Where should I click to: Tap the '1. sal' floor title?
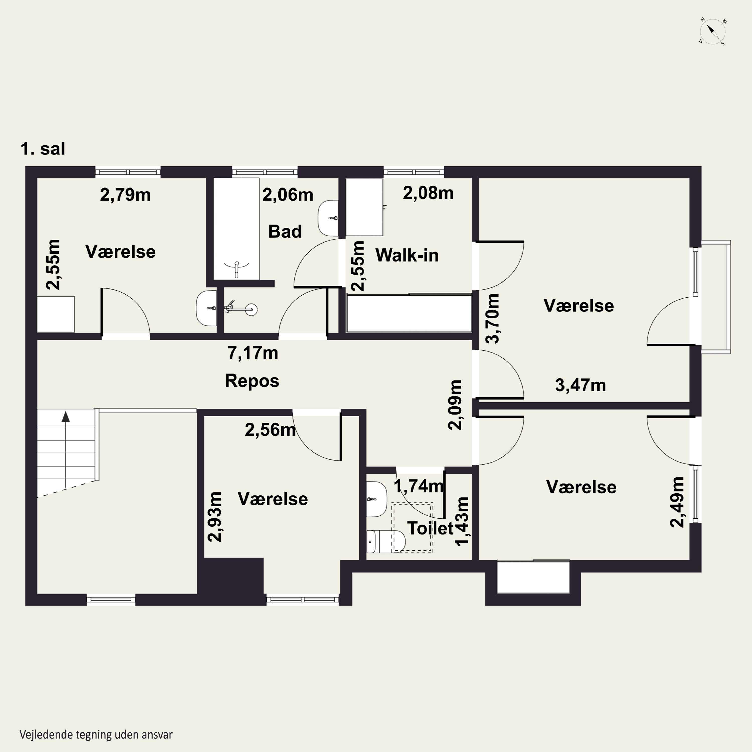pyautogui.click(x=43, y=149)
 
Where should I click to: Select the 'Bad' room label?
pyautogui.click(x=285, y=232)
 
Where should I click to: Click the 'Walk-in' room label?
pyautogui.click(x=407, y=255)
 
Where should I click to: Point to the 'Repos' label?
pyautogui.click(x=252, y=381)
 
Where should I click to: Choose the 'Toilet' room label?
pyautogui.click(x=430, y=528)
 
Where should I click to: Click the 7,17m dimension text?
pyautogui.click(x=253, y=353)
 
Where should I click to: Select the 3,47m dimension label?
pyautogui.click(x=580, y=385)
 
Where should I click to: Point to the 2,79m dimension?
pyautogui.click(x=125, y=195)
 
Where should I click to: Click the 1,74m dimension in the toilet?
pyautogui.click(x=419, y=486)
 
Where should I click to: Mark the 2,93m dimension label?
pyautogui.click(x=215, y=517)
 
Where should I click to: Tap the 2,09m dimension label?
pyautogui.click(x=455, y=405)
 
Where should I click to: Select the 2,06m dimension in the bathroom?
pyautogui.click(x=288, y=195)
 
